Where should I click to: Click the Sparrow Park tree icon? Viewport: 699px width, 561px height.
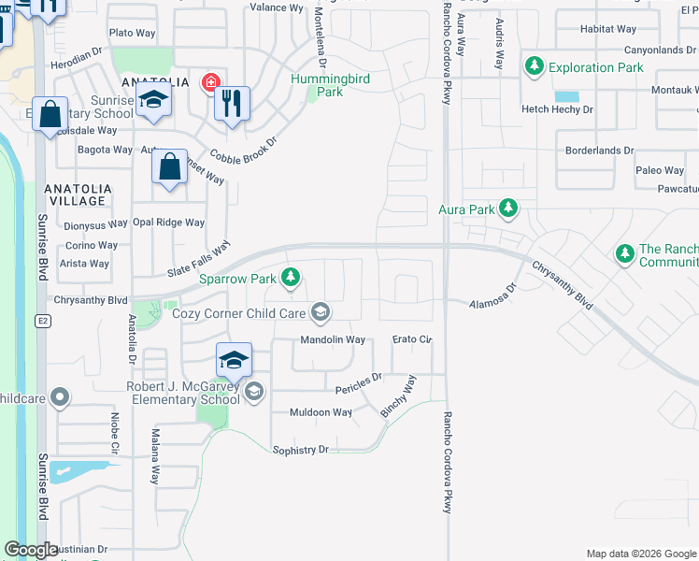pyautogui.click(x=292, y=277)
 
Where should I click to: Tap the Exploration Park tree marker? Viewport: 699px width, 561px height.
pyautogui.click(x=534, y=66)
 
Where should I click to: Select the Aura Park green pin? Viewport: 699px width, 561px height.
pyautogui.click(x=507, y=208)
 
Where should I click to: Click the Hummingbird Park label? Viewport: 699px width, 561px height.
pyautogui.click(x=329, y=85)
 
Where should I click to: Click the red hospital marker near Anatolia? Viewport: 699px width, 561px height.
pyautogui.click(x=210, y=81)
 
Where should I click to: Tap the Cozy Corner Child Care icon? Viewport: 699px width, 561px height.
pyautogui.click(x=321, y=311)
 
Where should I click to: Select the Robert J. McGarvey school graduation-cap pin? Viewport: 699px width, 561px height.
pyautogui.click(x=234, y=360)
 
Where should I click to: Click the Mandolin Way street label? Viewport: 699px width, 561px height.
pyautogui.click(x=332, y=339)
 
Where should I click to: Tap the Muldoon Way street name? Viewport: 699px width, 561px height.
pyautogui.click(x=321, y=412)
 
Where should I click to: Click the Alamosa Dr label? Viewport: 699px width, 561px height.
pyautogui.click(x=492, y=302)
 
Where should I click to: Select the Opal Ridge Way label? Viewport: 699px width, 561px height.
pyautogui.click(x=168, y=223)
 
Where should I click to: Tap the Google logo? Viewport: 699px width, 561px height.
pyautogui.click(x=31, y=549)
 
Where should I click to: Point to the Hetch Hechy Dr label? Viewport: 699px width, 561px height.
pyautogui.click(x=557, y=109)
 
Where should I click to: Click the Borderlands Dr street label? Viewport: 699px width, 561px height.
pyautogui.click(x=599, y=150)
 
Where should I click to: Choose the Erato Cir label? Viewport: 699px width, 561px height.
pyautogui.click(x=412, y=338)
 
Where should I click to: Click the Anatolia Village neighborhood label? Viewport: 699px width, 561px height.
pyautogui.click(x=78, y=194)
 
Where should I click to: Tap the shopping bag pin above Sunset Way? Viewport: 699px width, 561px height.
pyautogui.click(x=169, y=168)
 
